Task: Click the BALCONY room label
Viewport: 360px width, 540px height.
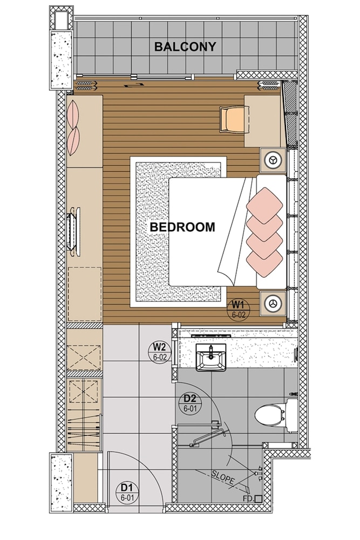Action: (185, 47)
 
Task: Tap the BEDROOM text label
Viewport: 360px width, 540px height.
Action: (182, 227)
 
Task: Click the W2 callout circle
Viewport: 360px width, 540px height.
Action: (159, 353)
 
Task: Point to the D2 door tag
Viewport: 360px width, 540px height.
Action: (189, 403)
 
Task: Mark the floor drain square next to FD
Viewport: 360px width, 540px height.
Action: (259, 499)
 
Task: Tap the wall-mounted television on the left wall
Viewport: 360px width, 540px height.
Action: (73, 230)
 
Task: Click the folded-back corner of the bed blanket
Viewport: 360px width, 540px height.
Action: (233, 259)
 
